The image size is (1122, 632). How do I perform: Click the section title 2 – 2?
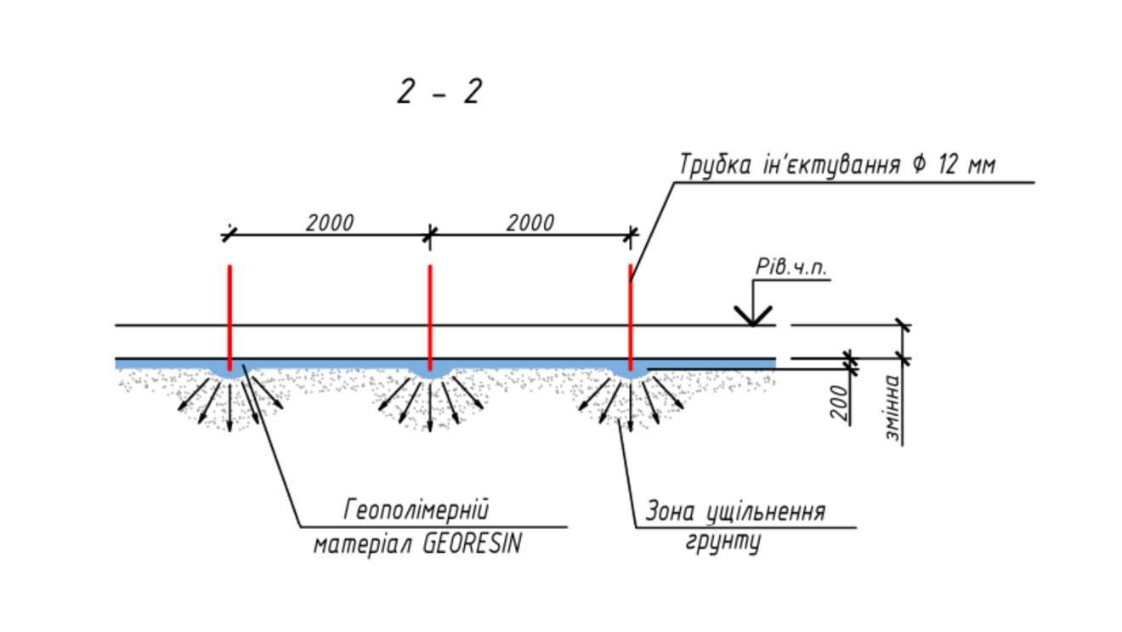pos(439,91)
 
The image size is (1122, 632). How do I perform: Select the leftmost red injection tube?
pos(229,318)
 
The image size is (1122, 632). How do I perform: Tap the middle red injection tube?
pos(430,318)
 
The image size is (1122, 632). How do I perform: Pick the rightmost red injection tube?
pos(630,318)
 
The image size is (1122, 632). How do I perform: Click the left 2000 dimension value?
pos(330,223)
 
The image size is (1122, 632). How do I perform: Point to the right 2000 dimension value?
pos(530,223)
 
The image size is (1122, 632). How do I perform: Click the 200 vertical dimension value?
pos(840,402)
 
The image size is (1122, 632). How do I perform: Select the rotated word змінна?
pos(892,407)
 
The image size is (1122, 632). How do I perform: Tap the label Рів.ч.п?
pos(790,267)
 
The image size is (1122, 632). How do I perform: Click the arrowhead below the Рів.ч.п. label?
pos(753,316)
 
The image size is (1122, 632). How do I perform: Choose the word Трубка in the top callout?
pos(716,165)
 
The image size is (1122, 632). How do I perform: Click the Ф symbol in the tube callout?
pos(919,164)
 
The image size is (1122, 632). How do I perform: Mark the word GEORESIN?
pos(472,544)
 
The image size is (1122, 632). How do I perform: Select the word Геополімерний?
pos(416,510)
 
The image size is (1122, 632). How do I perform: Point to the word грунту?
pos(723,543)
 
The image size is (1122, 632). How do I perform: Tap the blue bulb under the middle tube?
pos(430,372)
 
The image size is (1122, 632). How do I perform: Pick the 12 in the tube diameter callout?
pos(949,164)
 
